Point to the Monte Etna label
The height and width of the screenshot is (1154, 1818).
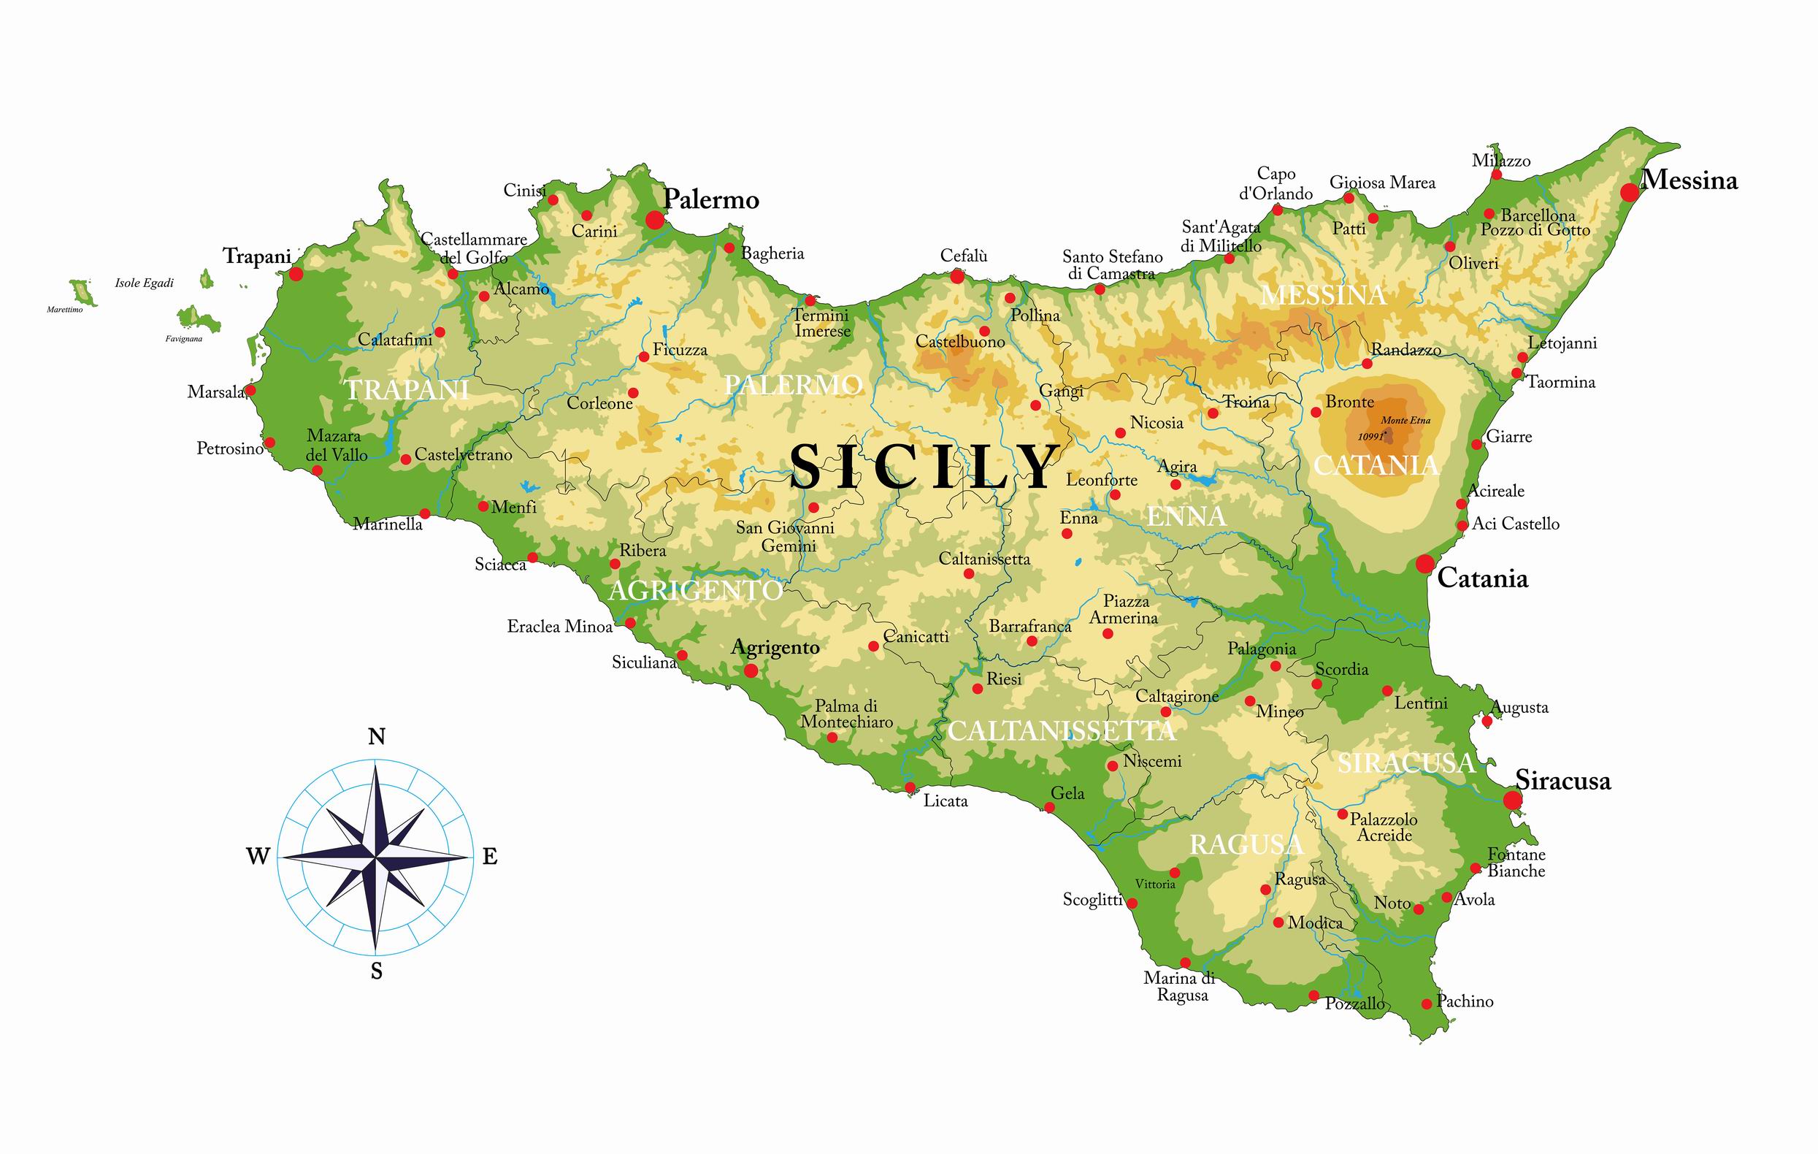(1405, 421)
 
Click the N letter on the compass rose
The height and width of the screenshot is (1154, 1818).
(376, 737)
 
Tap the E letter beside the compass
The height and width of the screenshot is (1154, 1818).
(490, 857)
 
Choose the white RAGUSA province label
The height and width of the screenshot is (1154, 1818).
(1246, 845)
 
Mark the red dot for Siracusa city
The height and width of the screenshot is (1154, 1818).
(1512, 800)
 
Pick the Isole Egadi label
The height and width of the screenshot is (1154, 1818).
(145, 283)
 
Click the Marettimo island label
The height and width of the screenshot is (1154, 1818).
(65, 310)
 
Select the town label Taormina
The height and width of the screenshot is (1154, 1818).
(1560, 382)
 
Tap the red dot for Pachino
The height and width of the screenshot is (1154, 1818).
(1426, 1004)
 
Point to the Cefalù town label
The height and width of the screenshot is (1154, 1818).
(963, 256)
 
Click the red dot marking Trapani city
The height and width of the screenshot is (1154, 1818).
(296, 273)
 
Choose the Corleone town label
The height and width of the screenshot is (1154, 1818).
(599, 403)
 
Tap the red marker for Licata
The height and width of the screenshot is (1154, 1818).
(910, 789)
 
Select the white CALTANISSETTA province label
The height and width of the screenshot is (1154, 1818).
(1061, 730)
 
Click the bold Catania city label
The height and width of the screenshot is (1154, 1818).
(1482, 578)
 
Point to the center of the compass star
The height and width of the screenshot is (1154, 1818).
(376, 857)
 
